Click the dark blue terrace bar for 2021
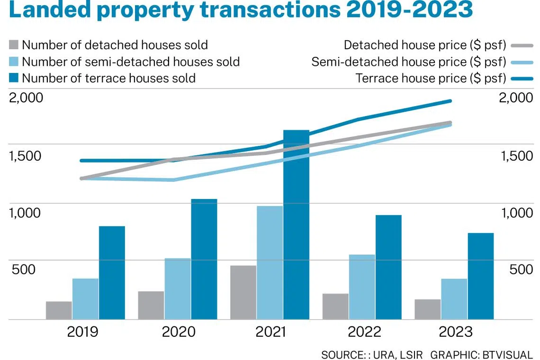coord(296,225)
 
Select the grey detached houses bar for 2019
coord(59,311)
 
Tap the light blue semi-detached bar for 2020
coord(178,289)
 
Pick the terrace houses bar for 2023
coord(481,276)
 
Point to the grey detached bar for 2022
coord(335,306)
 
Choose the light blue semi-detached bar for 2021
coord(270,263)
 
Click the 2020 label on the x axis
coord(178,332)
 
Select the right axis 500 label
coord(521,270)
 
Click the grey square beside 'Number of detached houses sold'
coord(14,45)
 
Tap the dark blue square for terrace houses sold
coord(14,78)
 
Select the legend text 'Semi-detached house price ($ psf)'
coord(409,62)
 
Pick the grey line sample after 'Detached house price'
coord(522,45)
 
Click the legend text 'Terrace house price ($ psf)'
coord(431,78)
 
